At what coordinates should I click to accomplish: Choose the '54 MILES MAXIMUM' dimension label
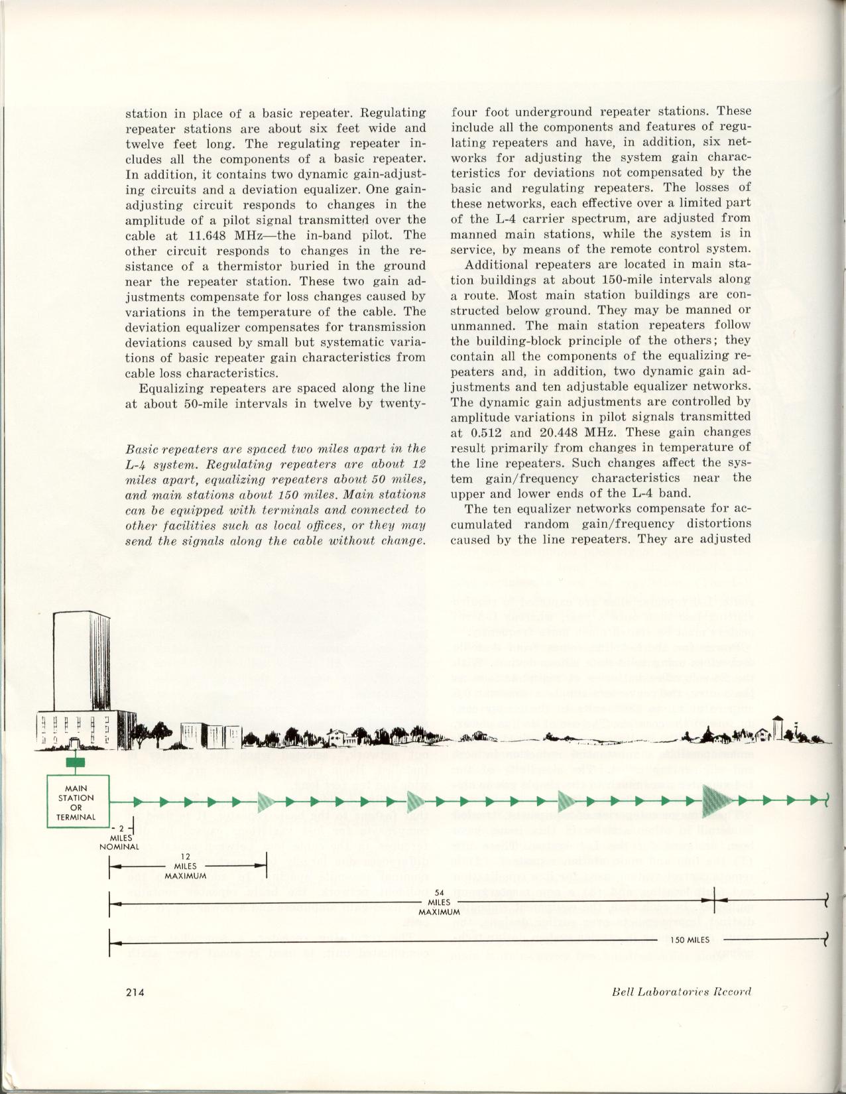[x=439, y=902]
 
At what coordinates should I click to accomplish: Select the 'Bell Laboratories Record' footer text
[x=682, y=992]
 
